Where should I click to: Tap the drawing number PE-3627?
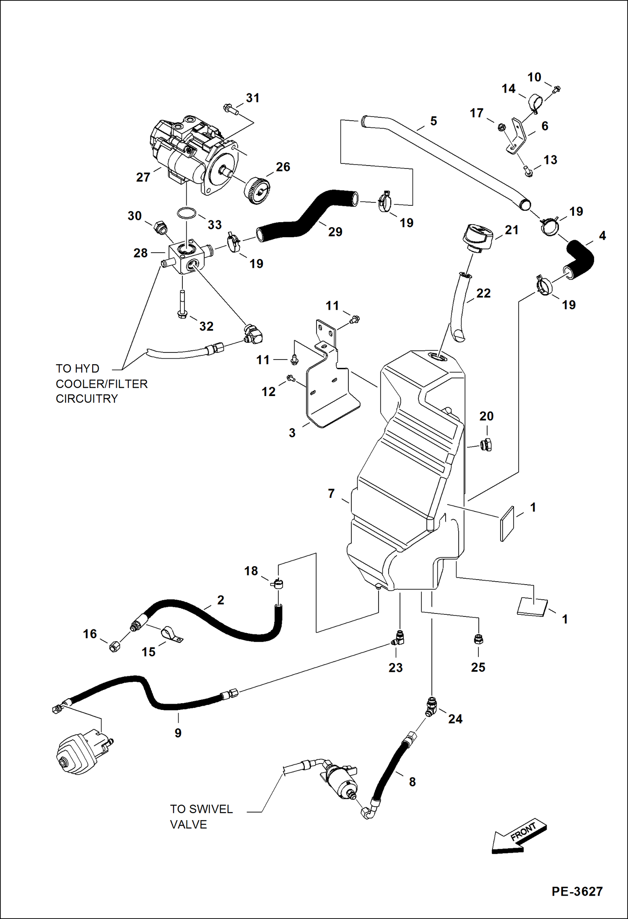tap(577, 891)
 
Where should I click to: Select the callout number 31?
tap(252, 98)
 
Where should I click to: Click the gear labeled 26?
tap(257, 191)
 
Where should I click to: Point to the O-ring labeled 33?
tap(187, 213)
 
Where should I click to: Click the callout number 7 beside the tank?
tap(331, 494)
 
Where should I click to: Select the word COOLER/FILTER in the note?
tap(101, 384)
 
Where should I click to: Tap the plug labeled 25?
tap(478, 639)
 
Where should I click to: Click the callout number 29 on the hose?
tap(335, 232)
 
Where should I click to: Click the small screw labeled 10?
tap(556, 89)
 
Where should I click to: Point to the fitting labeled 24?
tap(431, 706)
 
